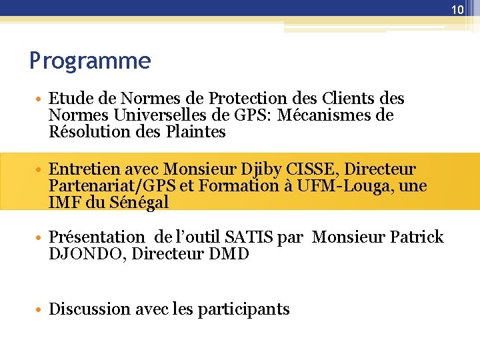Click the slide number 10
click(x=457, y=9)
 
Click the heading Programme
click(x=90, y=61)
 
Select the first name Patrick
click(x=416, y=237)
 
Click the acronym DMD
click(x=227, y=254)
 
